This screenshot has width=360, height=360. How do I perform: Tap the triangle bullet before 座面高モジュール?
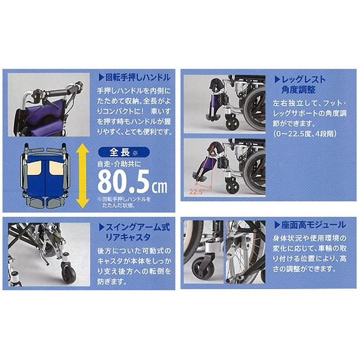[277, 225]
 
